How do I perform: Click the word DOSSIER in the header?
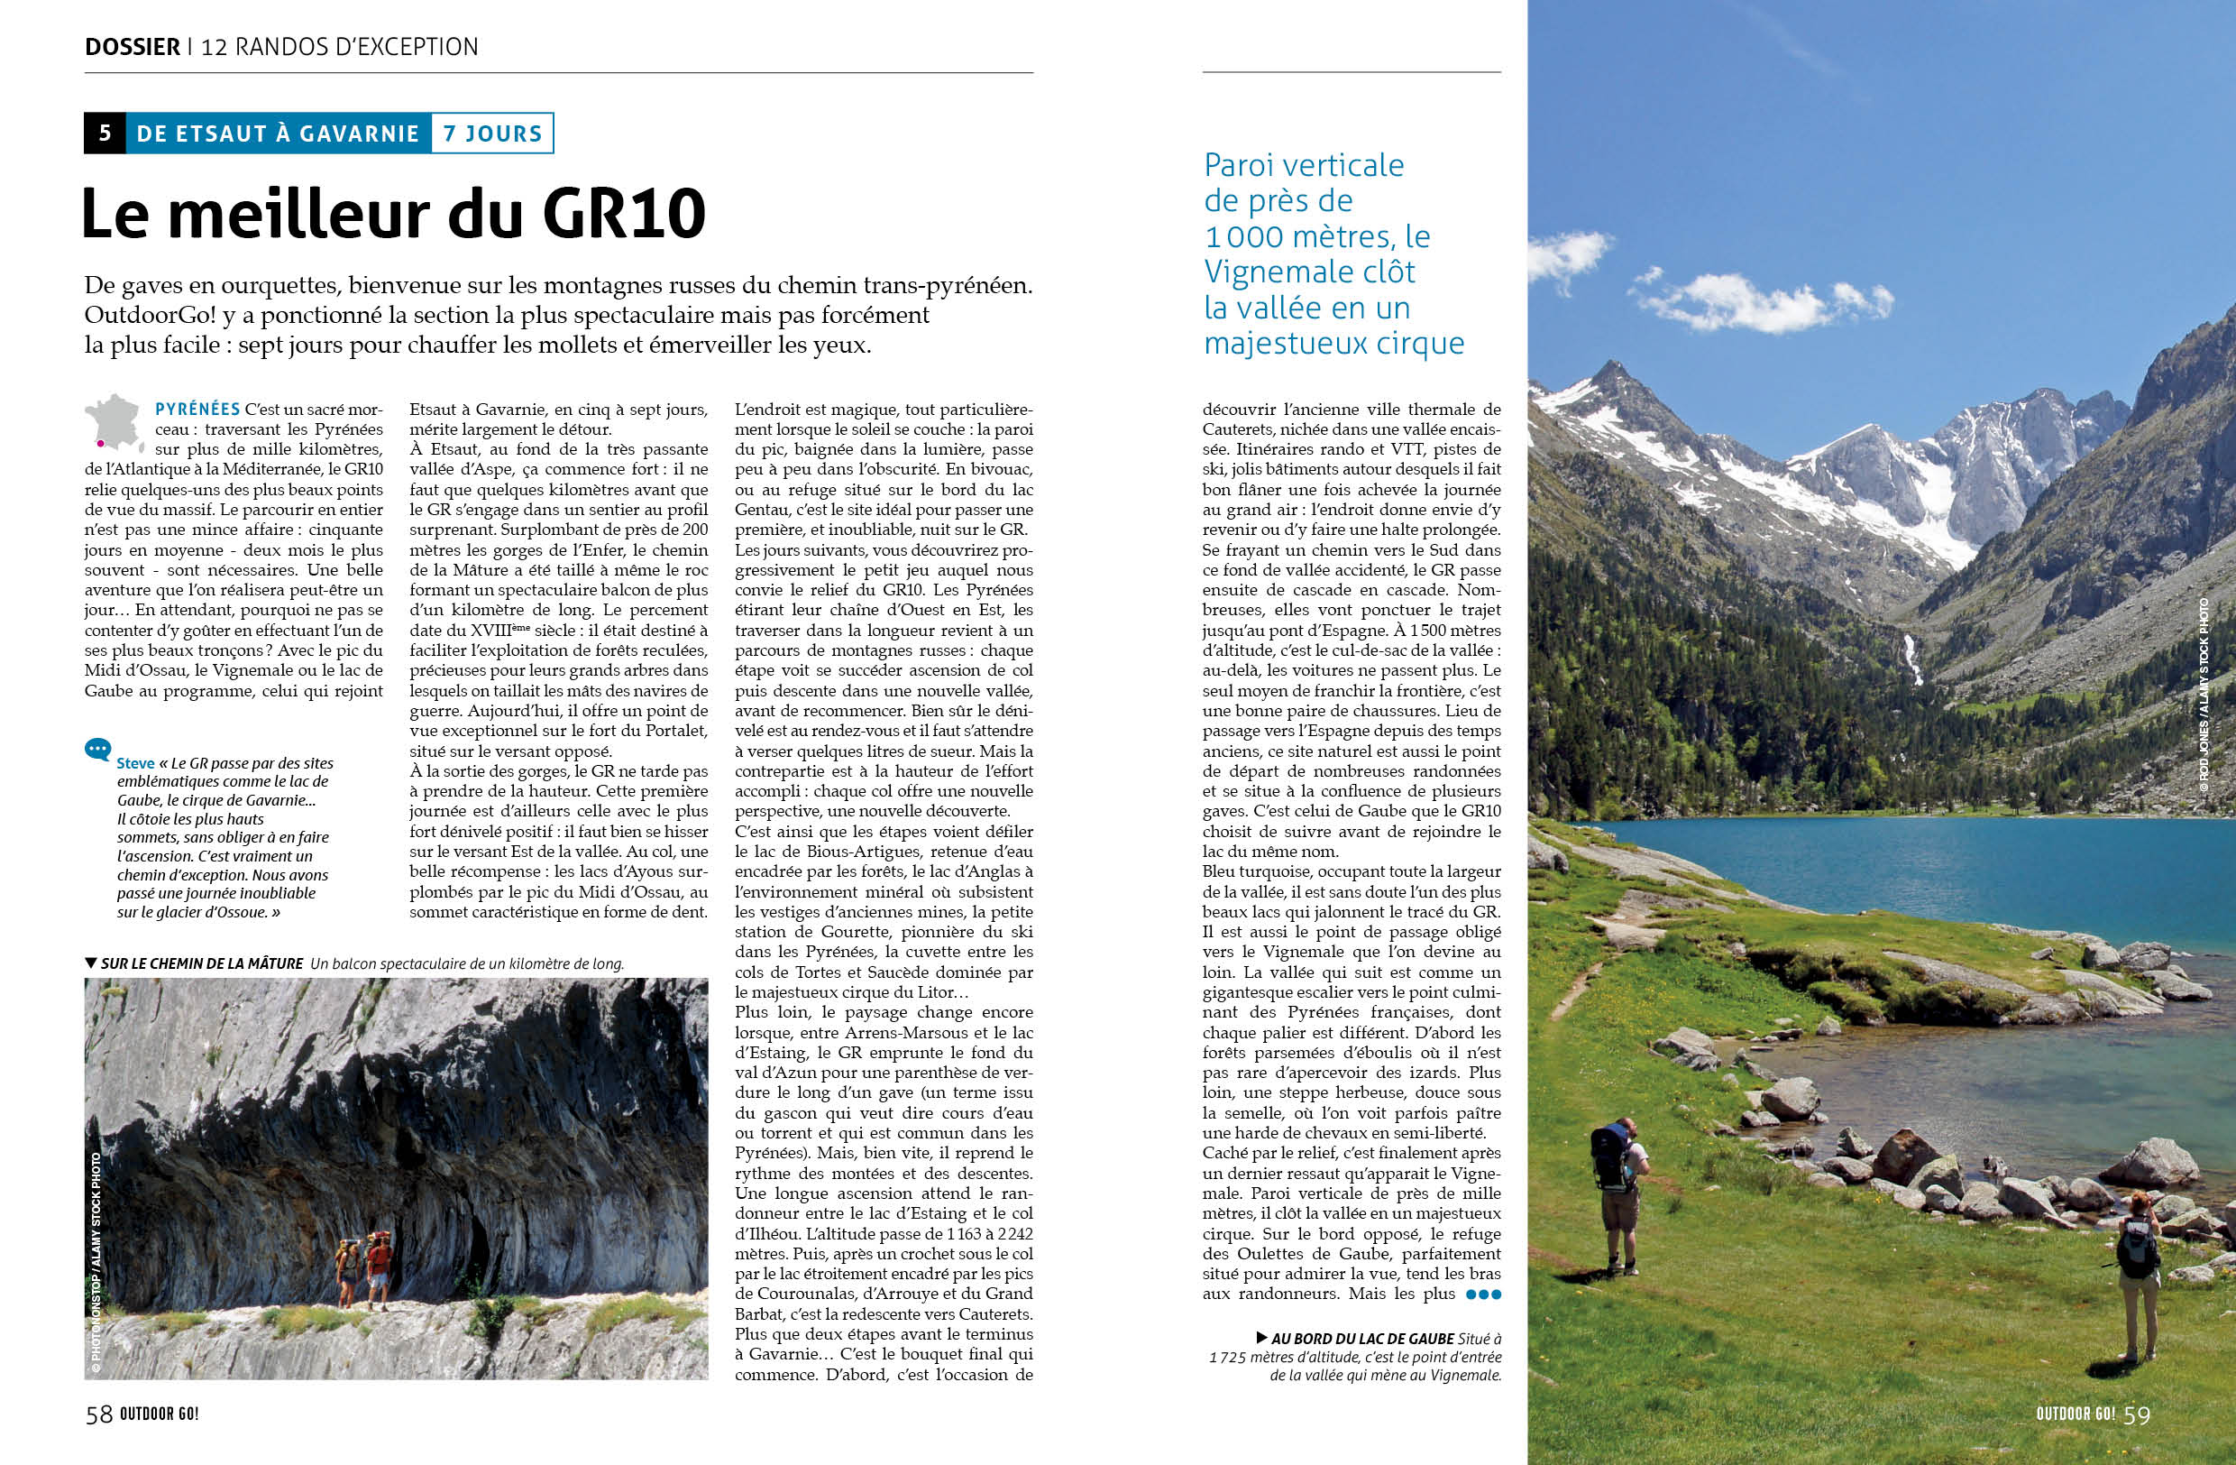[132, 46]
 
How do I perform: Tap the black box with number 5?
[105, 133]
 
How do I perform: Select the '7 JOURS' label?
[492, 134]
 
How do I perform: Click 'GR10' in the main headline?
[623, 215]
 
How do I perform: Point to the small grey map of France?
[115, 422]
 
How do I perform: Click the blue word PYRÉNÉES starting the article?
[197, 410]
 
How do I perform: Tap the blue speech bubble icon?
[96, 749]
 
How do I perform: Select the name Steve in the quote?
[135, 764]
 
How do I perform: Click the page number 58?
[98, 1414]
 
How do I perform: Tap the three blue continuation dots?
[1482, 1294]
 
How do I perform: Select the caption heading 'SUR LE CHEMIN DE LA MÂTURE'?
[202, 963]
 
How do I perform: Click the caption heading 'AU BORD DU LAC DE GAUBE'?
[1362, 1338]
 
